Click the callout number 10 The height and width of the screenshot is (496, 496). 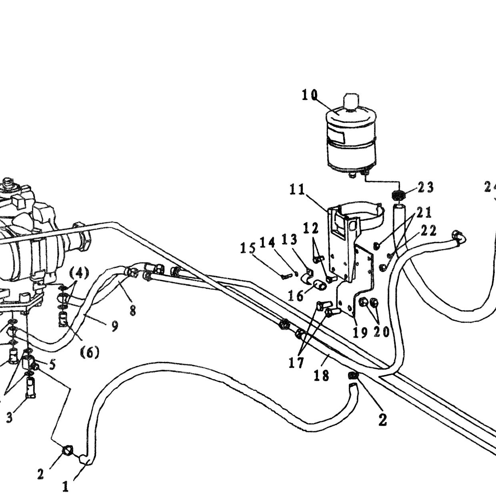[x=310, y=95]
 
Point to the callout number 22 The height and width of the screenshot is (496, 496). [x=428, y=231]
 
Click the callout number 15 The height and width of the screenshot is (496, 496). [x=248, y=248]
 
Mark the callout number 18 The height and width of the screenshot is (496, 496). [x=321, y=376]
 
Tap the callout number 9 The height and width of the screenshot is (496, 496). [x=114, y=326]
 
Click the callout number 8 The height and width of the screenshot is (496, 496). [x=132, y=310]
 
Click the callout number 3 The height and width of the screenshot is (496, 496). [x=9, y=417]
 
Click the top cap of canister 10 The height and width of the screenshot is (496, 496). [x=351, y=101]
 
